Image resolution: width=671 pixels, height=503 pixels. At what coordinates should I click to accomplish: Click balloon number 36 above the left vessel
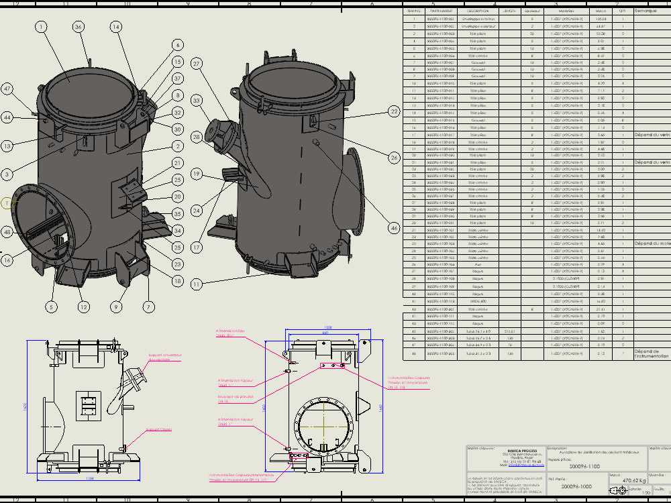(x=79, y=27)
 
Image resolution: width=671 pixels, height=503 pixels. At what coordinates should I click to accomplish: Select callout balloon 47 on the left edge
(x=8, y=89)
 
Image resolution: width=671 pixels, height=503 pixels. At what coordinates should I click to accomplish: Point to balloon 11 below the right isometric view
(x=196, y=284)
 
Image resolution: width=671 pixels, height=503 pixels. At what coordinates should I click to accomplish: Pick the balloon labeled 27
(x=197, y=64)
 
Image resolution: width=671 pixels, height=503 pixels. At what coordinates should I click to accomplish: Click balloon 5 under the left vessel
(x=51, y=307)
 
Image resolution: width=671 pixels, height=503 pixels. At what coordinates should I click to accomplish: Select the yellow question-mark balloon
(x=7, y=203)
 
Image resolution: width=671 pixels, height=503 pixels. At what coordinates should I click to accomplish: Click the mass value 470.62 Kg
(x=633, y=480)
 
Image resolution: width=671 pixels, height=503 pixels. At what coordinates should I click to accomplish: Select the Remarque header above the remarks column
(x=647, y=11)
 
